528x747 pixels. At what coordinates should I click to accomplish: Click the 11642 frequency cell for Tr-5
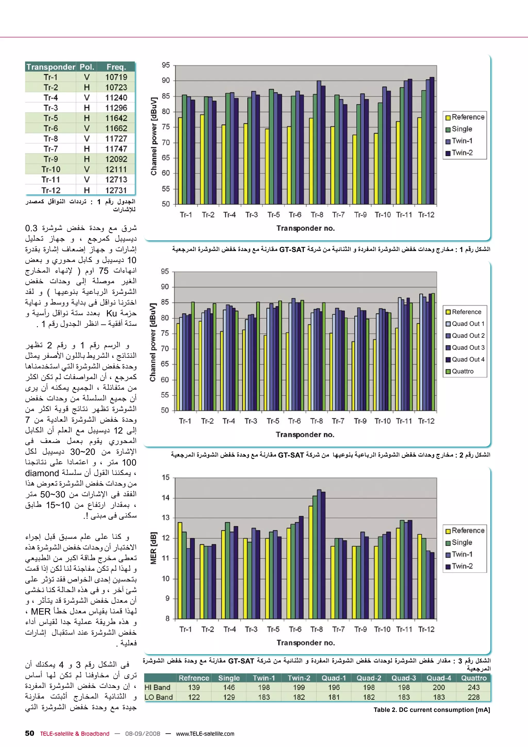pos(116,118)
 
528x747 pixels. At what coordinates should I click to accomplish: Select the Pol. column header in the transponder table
pos(87,67)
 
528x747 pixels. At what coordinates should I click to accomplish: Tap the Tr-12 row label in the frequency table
pos(51,190)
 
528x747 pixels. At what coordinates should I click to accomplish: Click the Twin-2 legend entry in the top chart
pos(462,153)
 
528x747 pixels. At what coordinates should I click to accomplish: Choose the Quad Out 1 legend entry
pos(468,324)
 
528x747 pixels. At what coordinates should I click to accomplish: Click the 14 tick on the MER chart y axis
pos(166,498)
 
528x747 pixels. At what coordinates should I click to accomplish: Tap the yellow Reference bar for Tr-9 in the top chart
pos(354,169)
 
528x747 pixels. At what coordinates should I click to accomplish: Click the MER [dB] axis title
pos(153,548)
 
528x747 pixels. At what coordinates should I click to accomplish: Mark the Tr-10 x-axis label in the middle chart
pos(382,421)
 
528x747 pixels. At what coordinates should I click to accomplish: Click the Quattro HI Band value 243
pos(474,687)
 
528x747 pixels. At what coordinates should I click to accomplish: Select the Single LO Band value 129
pos(229,697)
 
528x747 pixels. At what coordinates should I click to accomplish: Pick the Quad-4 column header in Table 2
pos(439,678)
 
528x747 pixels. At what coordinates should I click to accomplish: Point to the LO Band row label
pos(159,697)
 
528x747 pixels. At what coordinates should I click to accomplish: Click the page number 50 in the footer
pos(30,733)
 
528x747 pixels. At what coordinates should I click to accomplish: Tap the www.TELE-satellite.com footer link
pos(205,734)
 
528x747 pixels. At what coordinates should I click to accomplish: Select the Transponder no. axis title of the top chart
pos(306,228)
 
